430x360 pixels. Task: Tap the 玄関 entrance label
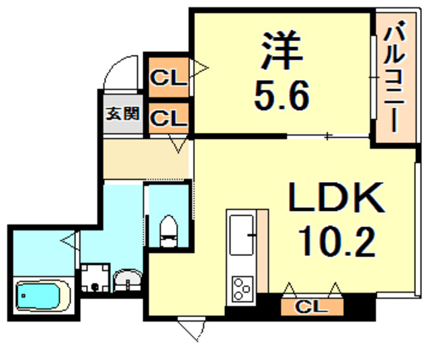click(122, 114)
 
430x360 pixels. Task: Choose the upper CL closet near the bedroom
click(167, 78)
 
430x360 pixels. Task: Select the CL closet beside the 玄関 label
click(167, 119)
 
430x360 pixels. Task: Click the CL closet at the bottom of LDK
click(312, 308)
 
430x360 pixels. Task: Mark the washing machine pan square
click(95, 278)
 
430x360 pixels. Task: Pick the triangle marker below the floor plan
click(189, 330)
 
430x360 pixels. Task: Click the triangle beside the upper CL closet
click(200, 68)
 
